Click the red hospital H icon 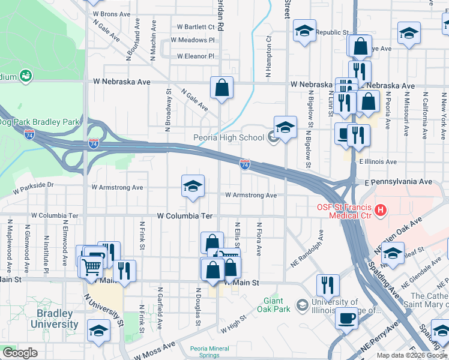pyautogui.click(x=381, y=211)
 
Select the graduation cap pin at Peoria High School pyautogui.click(x=286, y=128)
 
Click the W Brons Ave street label pyautogui.click(x=111, y=14)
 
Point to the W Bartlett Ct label pyautogui.click(x=196, y=27)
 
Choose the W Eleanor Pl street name pyautogui.click(x=196, y=56)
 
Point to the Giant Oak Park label pyautogui.click(x=277, y=304)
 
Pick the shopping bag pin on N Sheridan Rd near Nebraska pyautogui.click(x=221, y=88)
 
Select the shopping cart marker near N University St pyautogui.click(x=92, y=266)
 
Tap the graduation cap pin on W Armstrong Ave pyautogui.click(x=193, y=187)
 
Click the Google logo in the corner pyautogui.click(x=20, y=353)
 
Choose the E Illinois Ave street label pyautogui.click(x=378, y=162)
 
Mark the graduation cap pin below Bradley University pyautogui.click(x=98, y=331)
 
